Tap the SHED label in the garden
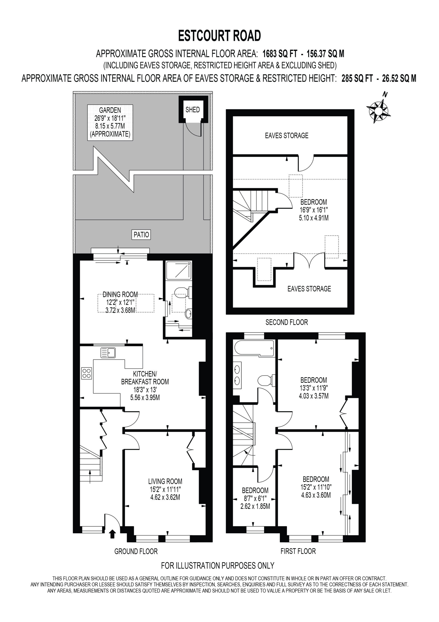pyautogui.click(x=193, y=110)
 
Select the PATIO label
pyautogui.click(x=141, y=235)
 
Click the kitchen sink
pyautogui.click(x=108, y=353)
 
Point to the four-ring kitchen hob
pyautogui.click(x=87, y=373)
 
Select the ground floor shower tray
pyautogui.click(x=179, y=270)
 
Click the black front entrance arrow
pyautogui.click(x=112, y=534)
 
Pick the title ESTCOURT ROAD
pyautogui.click(x=219, y=36)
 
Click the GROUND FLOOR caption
pyautogui.click(x=136, y=551)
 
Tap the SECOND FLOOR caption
pyautogui.click(x=286, y=322)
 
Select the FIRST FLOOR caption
pyautogui.click(x=298, y=551)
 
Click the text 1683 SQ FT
pyautogui.click(x=280, y=54)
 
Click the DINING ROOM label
pyautogui.click(x=120, y=294)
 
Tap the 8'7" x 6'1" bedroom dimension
pyautogui.click(x=255, y=498)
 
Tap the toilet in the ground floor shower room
pyautogui.click(x=183, y=293)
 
